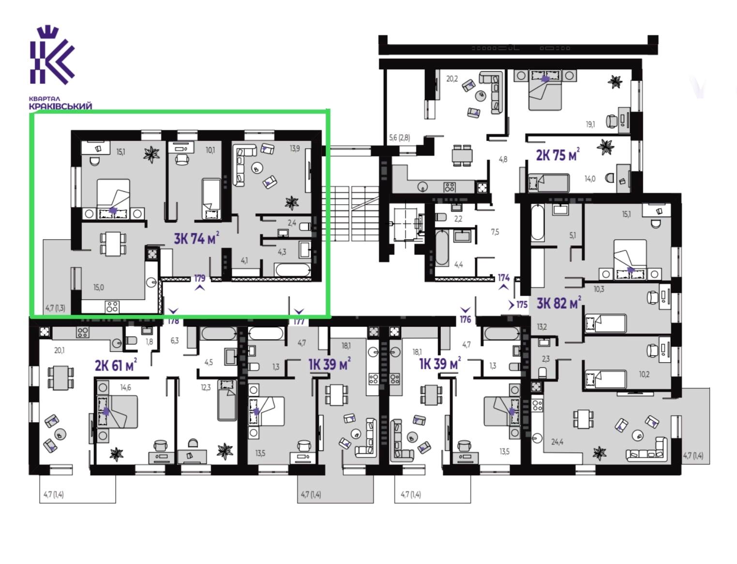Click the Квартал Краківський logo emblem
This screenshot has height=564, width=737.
pyautogui.click(x=52, y=55)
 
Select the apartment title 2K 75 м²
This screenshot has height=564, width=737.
pyautogui.click(x=557, y=155)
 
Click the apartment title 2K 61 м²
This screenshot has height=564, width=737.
pyautogui.click(x=116, y=365)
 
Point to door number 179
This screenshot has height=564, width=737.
pyautogui.click(x=200, y=278)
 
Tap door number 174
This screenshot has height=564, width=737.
pyautogui.click(x=504, y=277)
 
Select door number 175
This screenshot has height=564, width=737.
pyautogui.click(x=522, y=305)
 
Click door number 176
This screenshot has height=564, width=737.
pyautogui.click(x=466, y=319)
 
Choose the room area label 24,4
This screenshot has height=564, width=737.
pyautogui.click(x=557, y=442)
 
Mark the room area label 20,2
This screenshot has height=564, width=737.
pyautogui.click(x=452, y=79)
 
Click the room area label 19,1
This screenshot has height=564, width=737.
pyautogui.click(x=590, y=124)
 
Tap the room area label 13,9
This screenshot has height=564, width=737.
pyautogui.click(x=295, y=148)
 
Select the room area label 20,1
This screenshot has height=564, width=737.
pyautogui.click(x=59, y=351)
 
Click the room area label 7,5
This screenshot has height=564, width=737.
pyautogui.click(x=495, y=232)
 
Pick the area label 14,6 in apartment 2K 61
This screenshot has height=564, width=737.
pyautogui.click(x=125, y=387)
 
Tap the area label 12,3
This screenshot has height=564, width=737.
pyautogui.click(x=206, y=387)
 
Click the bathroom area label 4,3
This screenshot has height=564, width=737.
pyautogui.click(x=282, y=252)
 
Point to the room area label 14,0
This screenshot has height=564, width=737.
pyautogui.click(x=590, y=179)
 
